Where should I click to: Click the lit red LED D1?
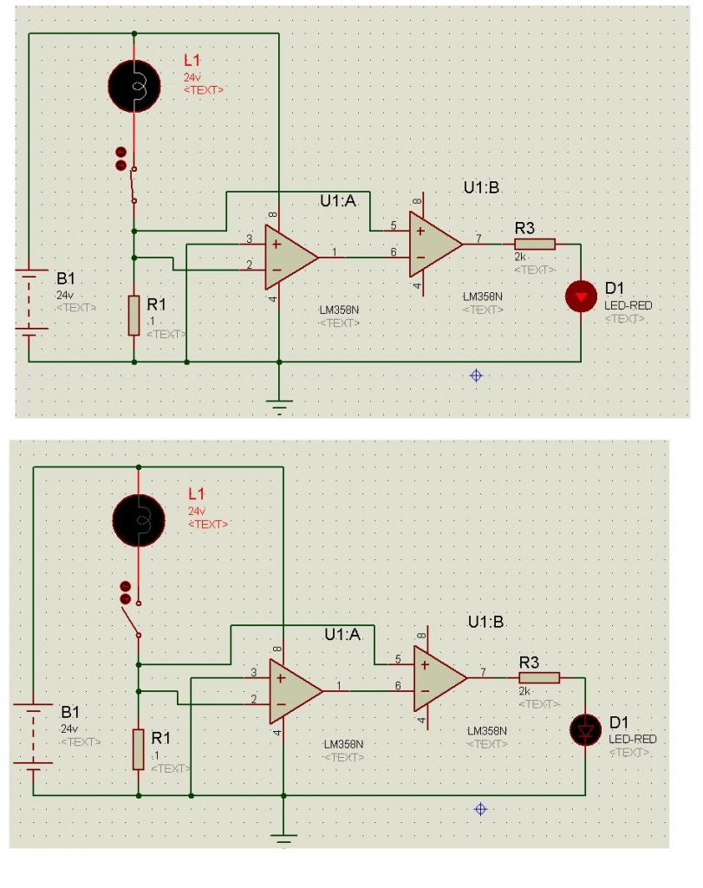pos(580,297)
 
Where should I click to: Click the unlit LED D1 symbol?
pos(585,730)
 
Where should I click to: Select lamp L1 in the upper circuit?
pos(133,83)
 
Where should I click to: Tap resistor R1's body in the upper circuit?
pos(133,315)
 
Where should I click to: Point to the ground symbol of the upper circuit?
pos(278,404)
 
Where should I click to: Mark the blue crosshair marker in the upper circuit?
pos(476,375)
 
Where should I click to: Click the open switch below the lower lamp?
pos(132,617)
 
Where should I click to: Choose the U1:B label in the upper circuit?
pos(482,188)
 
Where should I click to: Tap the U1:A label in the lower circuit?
pos(342,634)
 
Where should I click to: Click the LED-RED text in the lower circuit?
pos(632,739)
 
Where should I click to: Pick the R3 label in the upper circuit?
pos(524,228)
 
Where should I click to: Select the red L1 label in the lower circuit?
pos(197,493)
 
